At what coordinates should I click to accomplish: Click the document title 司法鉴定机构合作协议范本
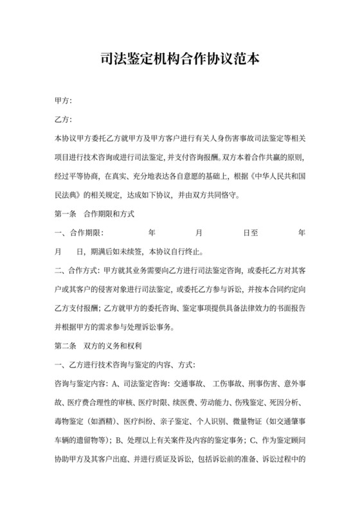[x=180, y=60]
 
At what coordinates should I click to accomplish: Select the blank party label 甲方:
[x=63, y=102]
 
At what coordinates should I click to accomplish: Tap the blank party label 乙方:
[x=63, y=120]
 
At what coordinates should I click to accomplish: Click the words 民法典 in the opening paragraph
[x=75, y=193]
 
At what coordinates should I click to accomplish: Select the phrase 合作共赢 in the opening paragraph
[x=259, y=157]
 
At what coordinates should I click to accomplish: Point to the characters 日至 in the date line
[x=251, y=231]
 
